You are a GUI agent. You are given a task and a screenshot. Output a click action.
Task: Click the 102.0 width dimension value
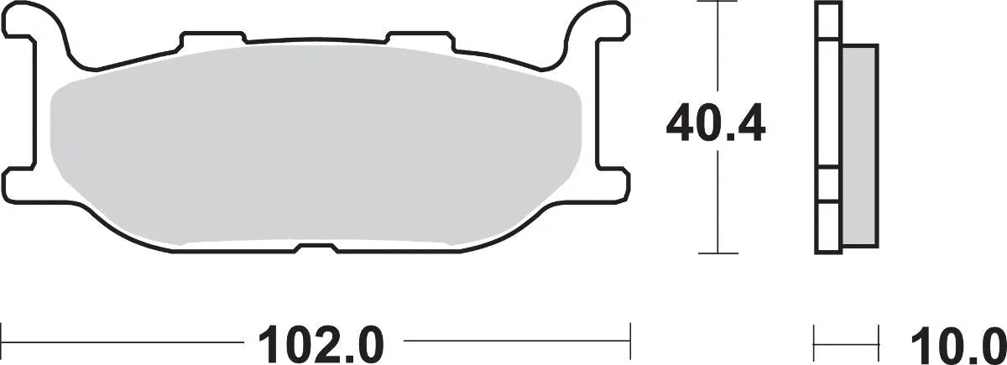(322, 342)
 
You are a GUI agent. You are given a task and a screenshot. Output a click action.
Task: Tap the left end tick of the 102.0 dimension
(2, 342)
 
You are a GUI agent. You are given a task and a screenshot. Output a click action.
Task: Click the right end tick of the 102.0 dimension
(629, 342)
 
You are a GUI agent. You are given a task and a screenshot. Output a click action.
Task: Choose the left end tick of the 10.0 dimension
(815, 342)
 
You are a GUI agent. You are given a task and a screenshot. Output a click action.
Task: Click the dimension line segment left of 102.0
(117, 342)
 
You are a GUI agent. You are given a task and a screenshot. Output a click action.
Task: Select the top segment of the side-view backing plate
(827, 20)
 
